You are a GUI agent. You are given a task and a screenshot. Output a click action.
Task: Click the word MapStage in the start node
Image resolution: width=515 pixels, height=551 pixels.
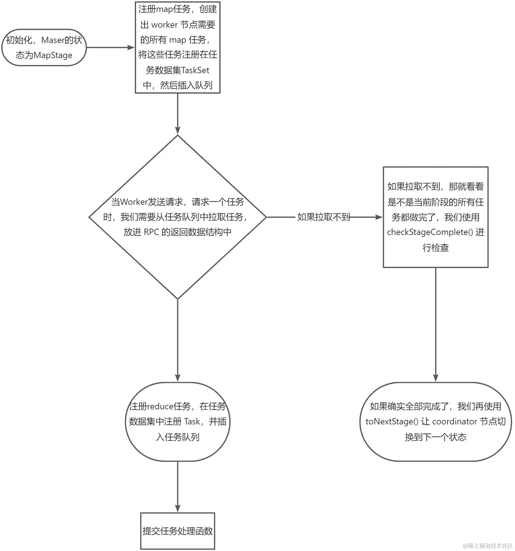click(x=53, y=55)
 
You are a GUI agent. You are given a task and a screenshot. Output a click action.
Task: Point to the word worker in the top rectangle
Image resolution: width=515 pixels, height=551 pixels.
click(x=164, y=25)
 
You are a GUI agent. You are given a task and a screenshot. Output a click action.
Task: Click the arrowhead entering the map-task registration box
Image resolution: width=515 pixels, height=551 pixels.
click(x=131, y=47)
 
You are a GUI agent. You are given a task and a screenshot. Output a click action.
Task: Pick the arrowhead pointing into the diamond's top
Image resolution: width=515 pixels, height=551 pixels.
click(x=178, y=130)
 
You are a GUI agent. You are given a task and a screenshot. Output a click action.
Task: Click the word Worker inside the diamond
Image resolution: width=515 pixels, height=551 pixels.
click(x=134, y=202)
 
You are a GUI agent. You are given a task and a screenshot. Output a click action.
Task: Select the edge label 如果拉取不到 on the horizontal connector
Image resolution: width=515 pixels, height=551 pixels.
click(x=323, y=217)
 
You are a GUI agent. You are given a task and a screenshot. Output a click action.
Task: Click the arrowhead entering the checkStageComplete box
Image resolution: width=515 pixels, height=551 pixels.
click(x=379, y=217)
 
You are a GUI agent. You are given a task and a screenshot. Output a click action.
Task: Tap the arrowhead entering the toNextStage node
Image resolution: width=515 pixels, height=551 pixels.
click(x=436, y=378)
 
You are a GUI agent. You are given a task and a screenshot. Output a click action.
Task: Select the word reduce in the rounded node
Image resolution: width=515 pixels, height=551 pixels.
click(x=160, y=406)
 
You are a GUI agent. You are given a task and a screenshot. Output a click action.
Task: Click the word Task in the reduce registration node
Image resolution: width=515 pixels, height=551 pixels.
click(x=192, y=421)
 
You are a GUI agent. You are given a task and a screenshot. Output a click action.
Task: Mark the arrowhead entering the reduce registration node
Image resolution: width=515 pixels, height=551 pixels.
click(x=178, y=378)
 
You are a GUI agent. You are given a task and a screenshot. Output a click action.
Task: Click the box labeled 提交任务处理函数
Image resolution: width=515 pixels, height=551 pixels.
click(x=178, y=531)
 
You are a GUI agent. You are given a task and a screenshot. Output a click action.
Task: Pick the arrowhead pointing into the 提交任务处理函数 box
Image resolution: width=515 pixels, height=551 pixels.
click(x=178, y=508)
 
